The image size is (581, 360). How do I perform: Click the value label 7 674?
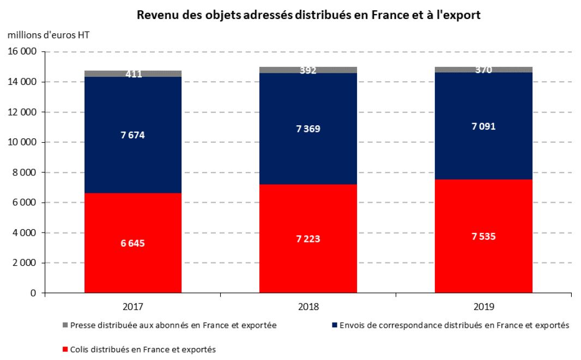(133, 135)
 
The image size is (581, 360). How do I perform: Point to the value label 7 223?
(308, 239)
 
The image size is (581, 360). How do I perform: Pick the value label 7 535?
(483, 237)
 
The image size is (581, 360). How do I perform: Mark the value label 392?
(308, 70)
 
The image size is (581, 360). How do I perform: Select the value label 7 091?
(483, 126)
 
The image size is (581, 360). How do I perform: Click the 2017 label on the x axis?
(133, 306)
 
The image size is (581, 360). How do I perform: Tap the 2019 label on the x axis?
(483, 306)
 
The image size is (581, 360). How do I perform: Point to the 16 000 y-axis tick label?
(21, 52)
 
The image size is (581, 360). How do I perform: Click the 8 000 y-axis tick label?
(23, 173)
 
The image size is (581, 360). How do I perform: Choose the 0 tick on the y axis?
(34, 293)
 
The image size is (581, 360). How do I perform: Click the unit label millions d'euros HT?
(49, 34)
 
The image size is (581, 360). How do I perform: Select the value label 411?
(133, 74)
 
